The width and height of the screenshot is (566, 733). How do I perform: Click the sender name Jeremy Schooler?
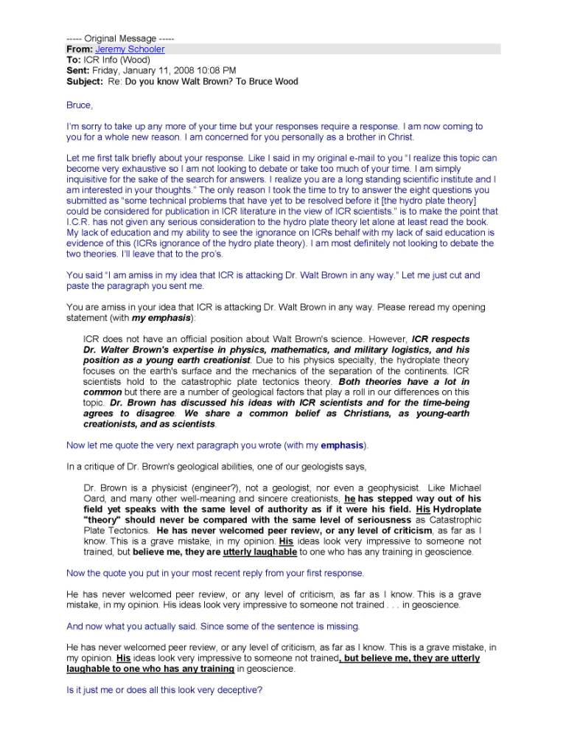(130, 49)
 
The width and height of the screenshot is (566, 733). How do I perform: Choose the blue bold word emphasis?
(342, 445)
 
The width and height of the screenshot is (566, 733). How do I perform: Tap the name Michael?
(462, 487)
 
